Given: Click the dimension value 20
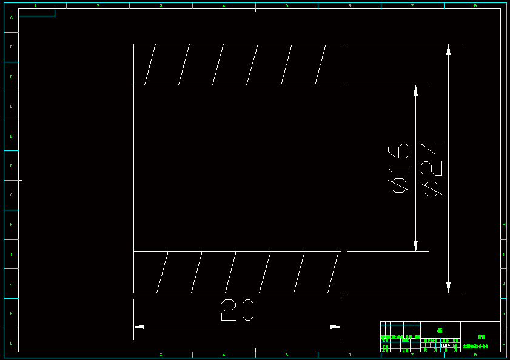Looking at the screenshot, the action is [237, 310].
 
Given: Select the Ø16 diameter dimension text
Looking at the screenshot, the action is [399, 168].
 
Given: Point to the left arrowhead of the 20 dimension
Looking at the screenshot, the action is [139, 327].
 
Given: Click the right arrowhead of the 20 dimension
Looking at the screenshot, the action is [335, 327].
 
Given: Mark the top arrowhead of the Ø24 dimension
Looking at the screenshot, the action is [448, 49].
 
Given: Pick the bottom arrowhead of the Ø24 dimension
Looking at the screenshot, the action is [448, 287].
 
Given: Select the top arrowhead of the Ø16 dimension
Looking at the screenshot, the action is [415, 90].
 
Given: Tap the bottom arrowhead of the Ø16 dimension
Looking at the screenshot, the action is [415, 245].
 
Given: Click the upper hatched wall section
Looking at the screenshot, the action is [237, 64].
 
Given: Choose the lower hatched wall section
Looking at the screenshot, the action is [237, 272].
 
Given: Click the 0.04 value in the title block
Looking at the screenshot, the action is [446, 345].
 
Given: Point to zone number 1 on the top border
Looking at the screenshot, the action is [35, 6].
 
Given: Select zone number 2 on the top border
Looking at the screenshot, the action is [98, 6].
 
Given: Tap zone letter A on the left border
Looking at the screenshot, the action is [11, 18].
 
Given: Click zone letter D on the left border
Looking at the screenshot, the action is [11, 107].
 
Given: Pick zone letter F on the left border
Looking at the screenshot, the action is [11, 165].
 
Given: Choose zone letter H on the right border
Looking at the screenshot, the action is [504, 225].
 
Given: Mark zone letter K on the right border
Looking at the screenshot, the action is [504, 313].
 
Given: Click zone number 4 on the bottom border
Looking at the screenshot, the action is [224, 355].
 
